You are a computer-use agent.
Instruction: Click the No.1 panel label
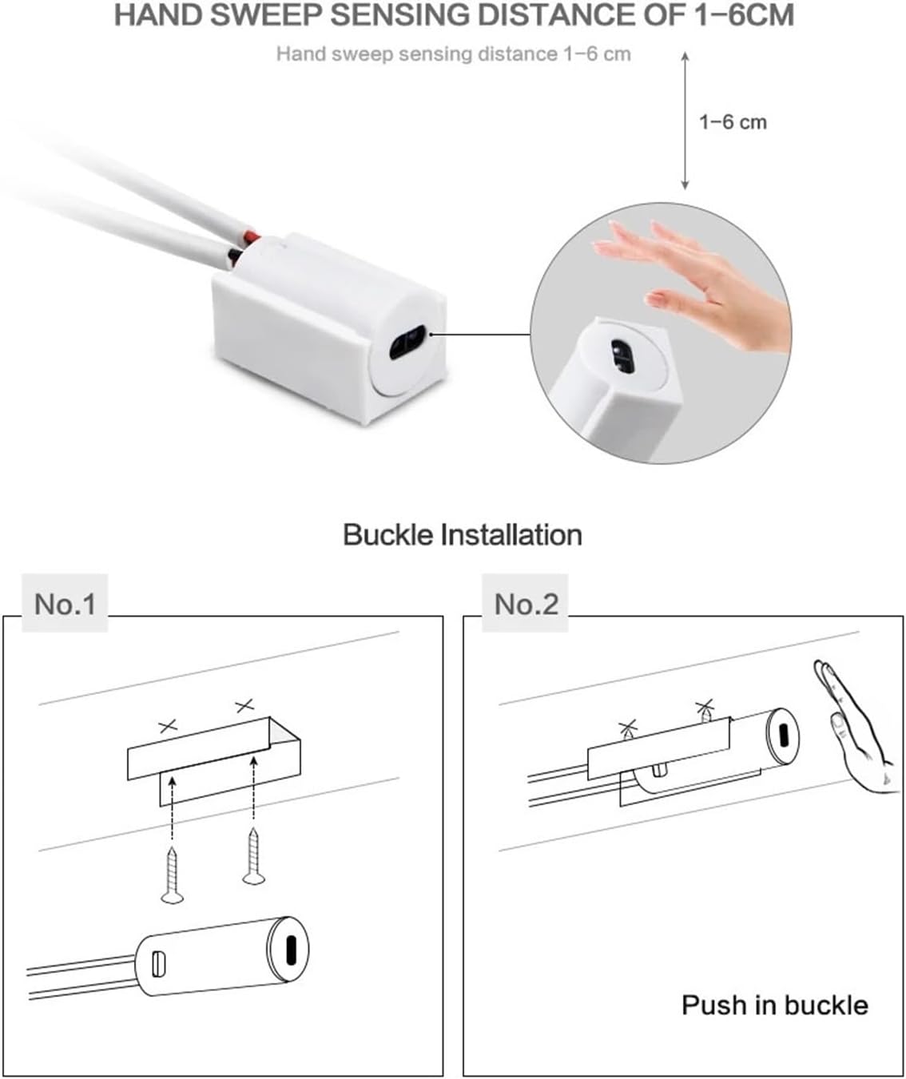coord(65,604)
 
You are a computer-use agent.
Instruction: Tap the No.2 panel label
coord(526,604)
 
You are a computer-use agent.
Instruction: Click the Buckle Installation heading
coord(462,534)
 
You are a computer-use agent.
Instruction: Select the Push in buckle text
coord(774,1004)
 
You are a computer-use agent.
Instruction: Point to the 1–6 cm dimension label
coord(732,122)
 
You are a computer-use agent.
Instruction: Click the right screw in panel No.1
coord(254,857)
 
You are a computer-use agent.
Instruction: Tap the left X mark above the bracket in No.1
coord(168,726)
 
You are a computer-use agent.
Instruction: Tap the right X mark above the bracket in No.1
coord(244,705)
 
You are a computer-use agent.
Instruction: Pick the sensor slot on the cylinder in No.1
coord(289,949)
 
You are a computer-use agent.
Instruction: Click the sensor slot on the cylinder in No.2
coord(783,732)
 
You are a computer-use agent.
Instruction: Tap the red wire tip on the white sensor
coord(251,237)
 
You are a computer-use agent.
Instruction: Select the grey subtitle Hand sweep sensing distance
coord(453,54)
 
